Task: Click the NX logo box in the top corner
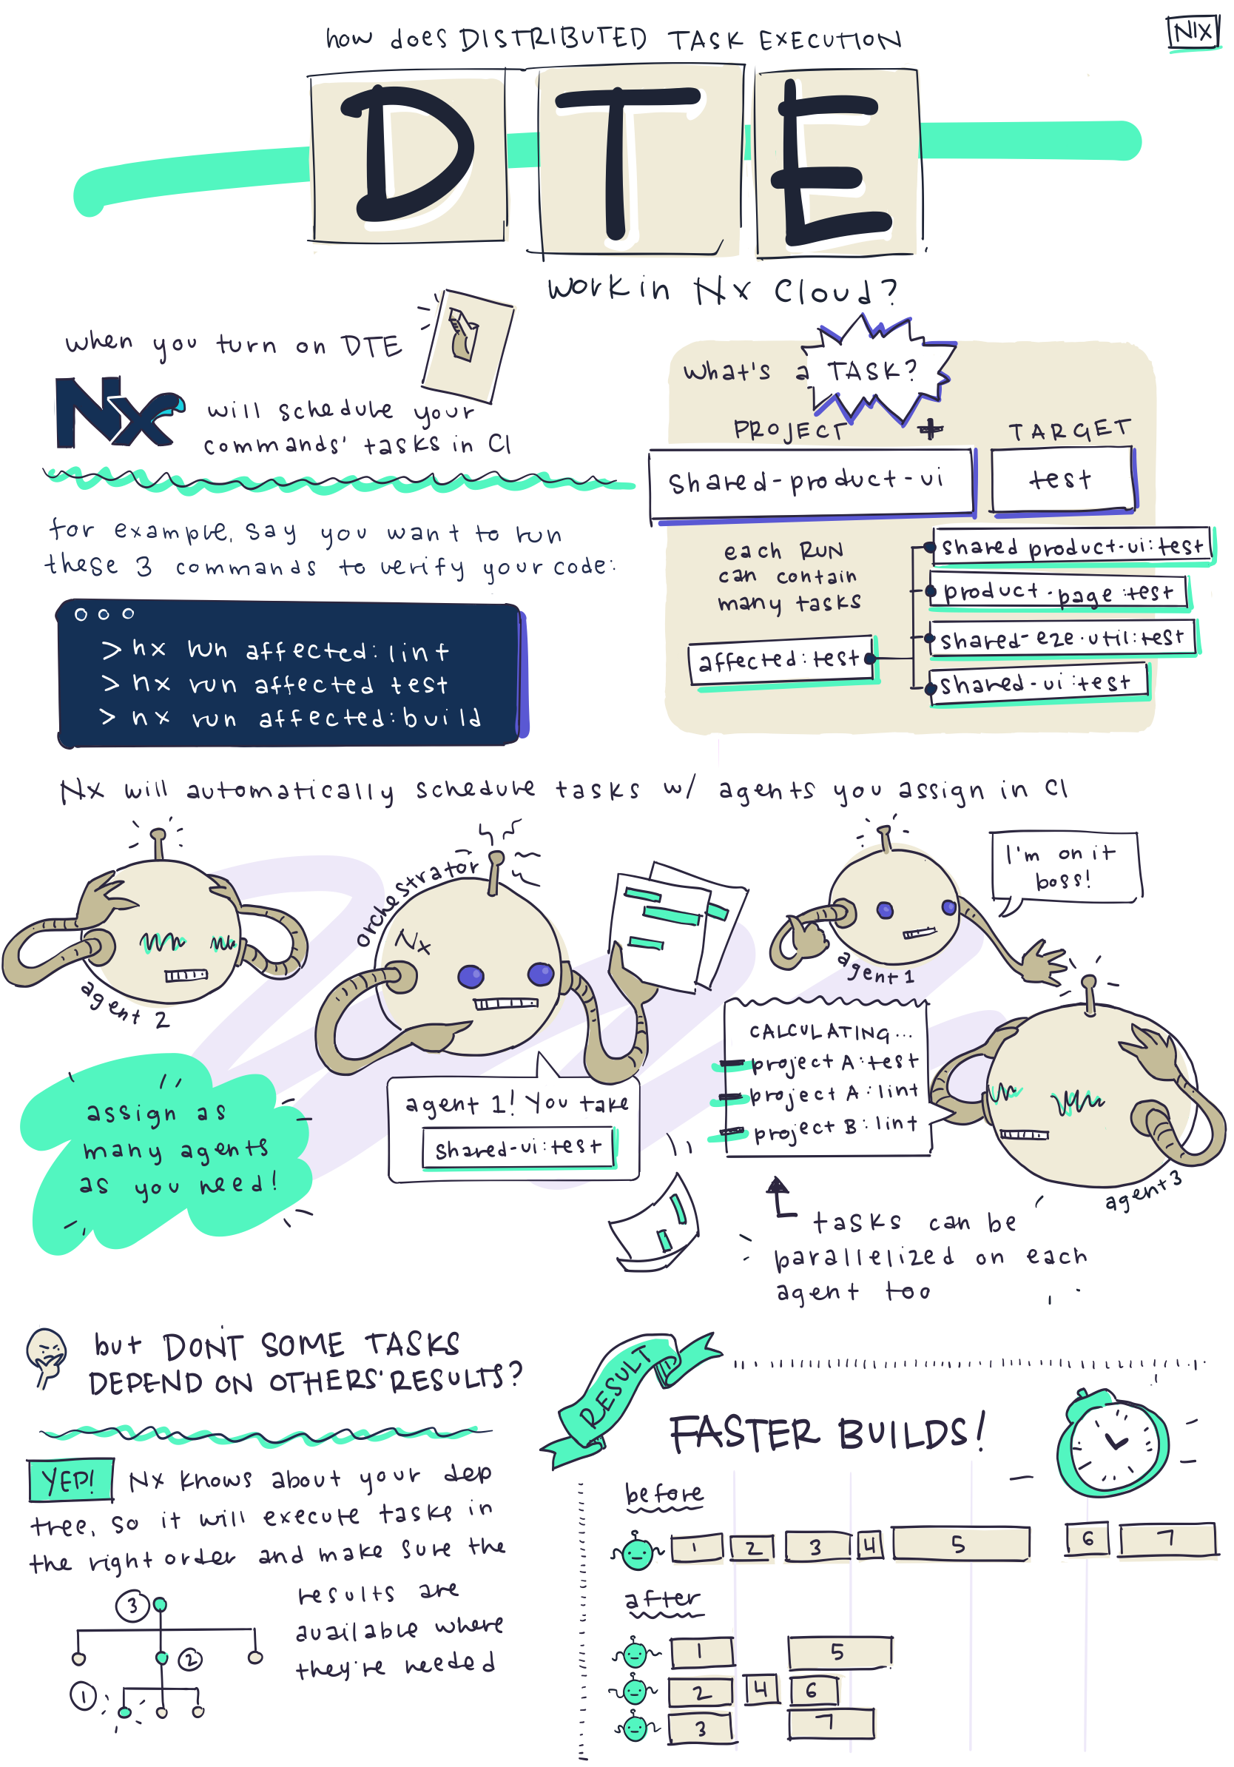click(1193, 33)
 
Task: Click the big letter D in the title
click(408, 154)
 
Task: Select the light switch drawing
click(466, 344)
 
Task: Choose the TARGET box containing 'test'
click(1062, 480)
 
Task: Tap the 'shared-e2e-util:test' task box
click(1062, 638)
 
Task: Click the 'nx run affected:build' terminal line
click(292, 718)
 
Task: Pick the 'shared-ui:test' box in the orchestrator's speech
click(518, 1148)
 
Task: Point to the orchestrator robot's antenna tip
click(497, 858)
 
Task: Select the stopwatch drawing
click(1113, 1442)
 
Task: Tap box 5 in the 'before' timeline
click(960, 1544)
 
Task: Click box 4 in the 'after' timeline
click(761, 1689)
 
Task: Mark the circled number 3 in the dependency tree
click(132, 1606)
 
